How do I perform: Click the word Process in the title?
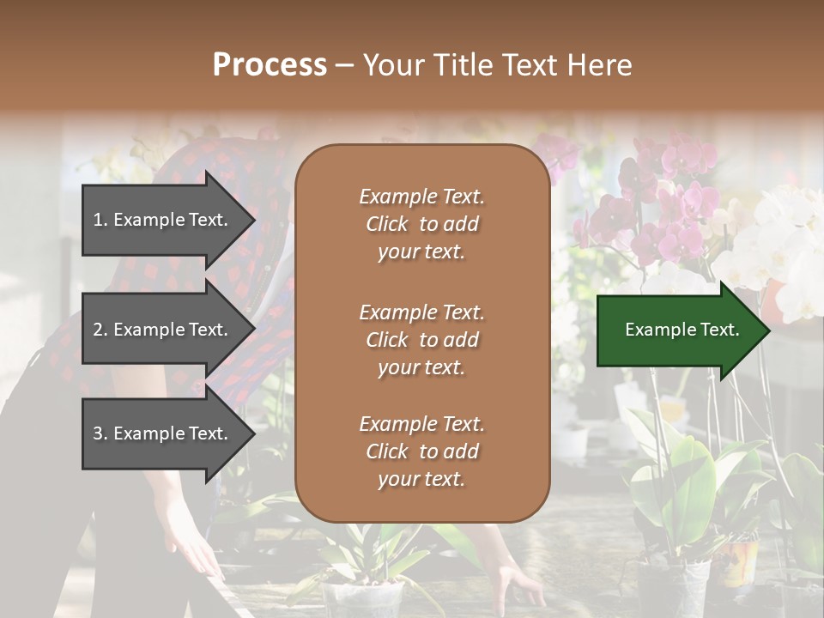[270, 65]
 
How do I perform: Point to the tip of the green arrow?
[768, 330]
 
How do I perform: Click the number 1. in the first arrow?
[100, 220]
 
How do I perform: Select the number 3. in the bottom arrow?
[100, 433]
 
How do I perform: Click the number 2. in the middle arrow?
[100, 330]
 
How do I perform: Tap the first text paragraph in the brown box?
[421, 224]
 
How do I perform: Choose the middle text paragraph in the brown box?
[421, 340]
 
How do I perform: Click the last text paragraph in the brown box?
[421, 451]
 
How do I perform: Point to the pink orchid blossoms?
[669, 206]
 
